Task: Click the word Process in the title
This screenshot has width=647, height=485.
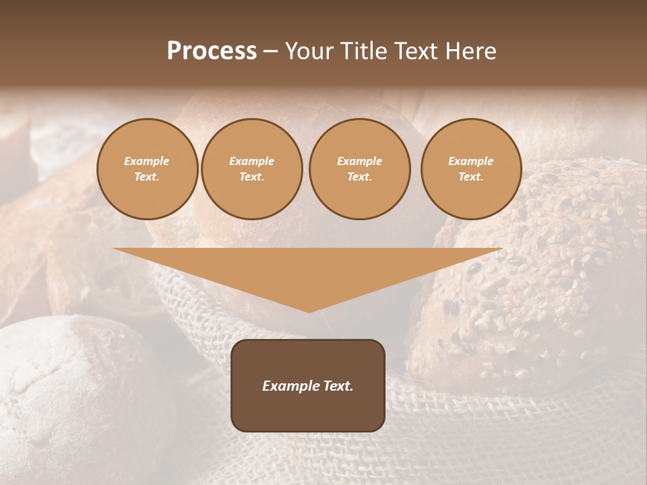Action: tap(212, 51)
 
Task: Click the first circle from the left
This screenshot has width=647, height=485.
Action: tap(147, 169)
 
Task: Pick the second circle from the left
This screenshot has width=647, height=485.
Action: tap(251, 169)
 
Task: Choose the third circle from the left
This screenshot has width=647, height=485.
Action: tap(359, 169)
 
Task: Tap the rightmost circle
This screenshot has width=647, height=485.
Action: tap(470, 169)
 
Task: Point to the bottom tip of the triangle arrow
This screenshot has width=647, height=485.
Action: tap(309, 311)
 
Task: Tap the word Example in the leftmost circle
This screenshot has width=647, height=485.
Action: tap(147, 162)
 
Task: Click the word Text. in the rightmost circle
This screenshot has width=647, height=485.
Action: tap(470, 177)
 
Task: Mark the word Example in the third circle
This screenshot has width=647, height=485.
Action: tap(359, 162)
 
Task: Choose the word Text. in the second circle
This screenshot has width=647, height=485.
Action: tap(251, 177)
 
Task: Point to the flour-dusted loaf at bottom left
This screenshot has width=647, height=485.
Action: tap(67, 391)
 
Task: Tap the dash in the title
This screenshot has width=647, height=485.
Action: tap(270, 51)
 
